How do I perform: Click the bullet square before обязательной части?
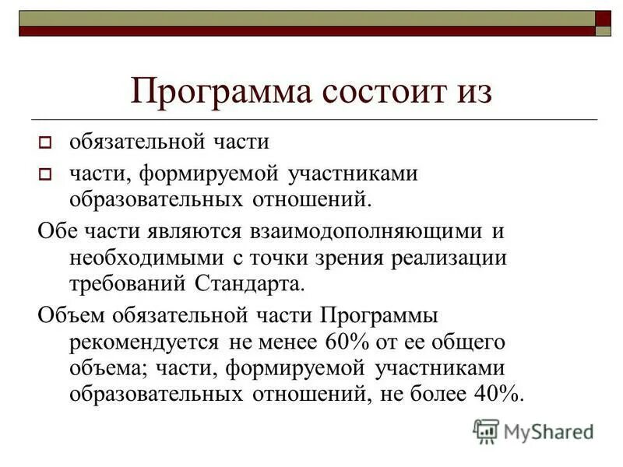click(x=44, y=143)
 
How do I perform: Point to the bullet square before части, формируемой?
click(x=44, y=175)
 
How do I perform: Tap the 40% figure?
click(x=496, y=393)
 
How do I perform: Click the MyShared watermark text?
click(x=548, y=430)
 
